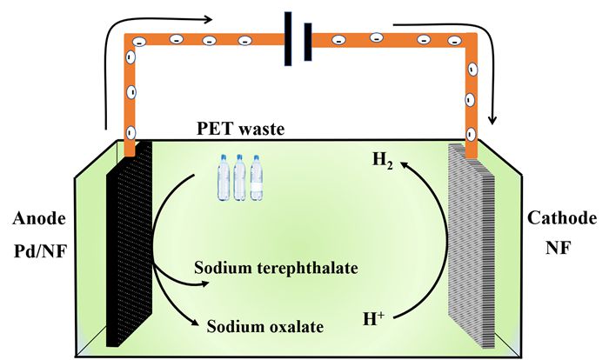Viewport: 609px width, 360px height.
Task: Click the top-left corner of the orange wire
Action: [x=131, y=39]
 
